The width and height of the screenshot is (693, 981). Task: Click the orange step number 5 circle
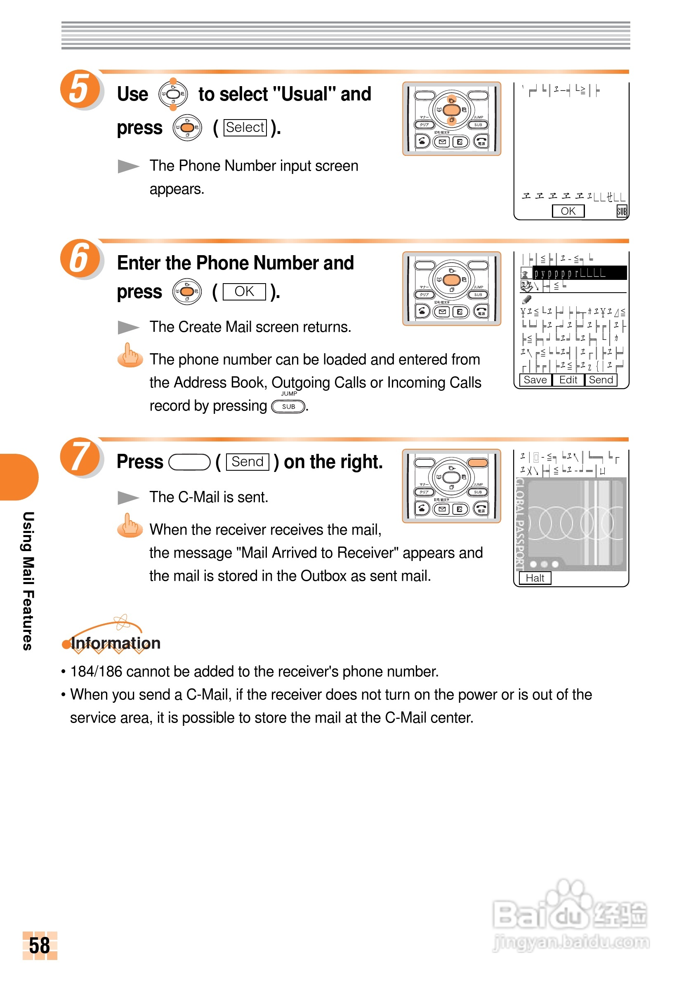pyautogui.click(x=80, y=89)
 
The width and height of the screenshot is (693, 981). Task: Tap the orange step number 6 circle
pyautogui.click(x=80, y=258)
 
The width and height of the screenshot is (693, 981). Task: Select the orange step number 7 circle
pyautogui.click(x=80, y=456)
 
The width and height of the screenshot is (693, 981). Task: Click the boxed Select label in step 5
pyautogui.click(x=245, y=127)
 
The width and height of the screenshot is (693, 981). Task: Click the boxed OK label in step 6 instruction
pyautogui.click(x=244, y=291)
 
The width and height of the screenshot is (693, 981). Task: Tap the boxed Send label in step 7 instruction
pyautogui.click(x=247, y=462)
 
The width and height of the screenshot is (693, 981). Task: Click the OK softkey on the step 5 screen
pyautogui.click(x=568, y=211)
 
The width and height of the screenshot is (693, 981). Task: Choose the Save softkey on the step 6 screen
pyautogui.click(x=535, y=380)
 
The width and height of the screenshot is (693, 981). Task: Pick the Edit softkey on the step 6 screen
pyautogui.click(x=568, y=380)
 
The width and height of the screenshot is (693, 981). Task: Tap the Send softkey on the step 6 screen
pyautogui.click(x=601, y=380)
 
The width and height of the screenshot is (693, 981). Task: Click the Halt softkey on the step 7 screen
pyautogui.click(x=535, y=578)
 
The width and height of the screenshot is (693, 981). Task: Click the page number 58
pyautogui.click(x=39, y=945)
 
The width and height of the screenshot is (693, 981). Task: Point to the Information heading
pyautogui.click(x=115, y=643)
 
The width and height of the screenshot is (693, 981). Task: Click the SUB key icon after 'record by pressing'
pyautogui.click(x=289, y=406)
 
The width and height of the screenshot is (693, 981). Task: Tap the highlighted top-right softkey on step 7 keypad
pyautogui.click(x=478, y=463)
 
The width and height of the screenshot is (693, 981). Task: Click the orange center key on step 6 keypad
pyautogui.click(x=451, y=280)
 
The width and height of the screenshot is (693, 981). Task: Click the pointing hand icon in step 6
pyautogui.click(x=130, y=355)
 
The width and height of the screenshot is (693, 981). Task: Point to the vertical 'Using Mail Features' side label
pyautogui.click(x=28, y=581)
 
